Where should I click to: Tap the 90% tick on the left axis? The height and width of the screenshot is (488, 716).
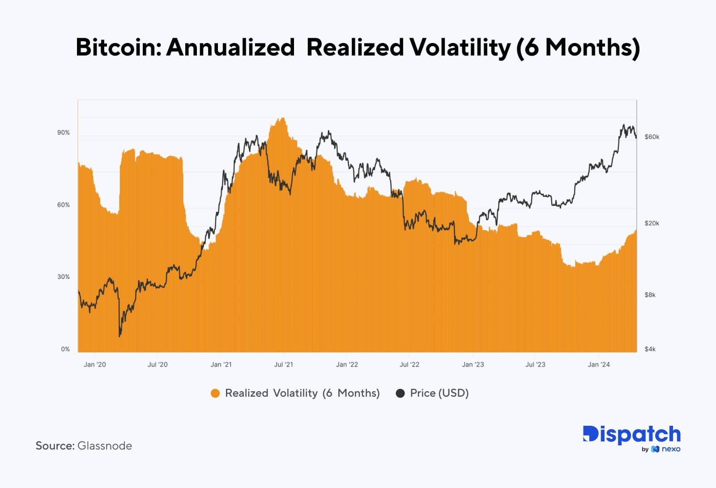(x=64, y=133)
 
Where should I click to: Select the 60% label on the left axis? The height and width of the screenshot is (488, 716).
(x=64, y=205)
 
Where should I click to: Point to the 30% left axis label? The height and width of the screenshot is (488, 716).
(x=64, y=277)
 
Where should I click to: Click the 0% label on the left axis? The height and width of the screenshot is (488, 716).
(x=65, y=349)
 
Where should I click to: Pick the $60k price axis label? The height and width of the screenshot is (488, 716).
(x=652, y=137)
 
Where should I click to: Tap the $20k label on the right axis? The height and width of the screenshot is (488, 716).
(x=652, y=223)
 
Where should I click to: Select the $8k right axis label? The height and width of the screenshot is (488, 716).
(x=650, y=295)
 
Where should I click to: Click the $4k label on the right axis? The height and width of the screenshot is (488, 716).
(x=650, y=349)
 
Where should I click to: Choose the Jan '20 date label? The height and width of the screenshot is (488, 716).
(x=95, y=364)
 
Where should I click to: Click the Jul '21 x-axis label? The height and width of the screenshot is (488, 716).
(x=283, y=364)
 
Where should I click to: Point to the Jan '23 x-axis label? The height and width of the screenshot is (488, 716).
(x=473, y=364)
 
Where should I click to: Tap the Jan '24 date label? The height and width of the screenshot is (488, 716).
(x=599, y=364)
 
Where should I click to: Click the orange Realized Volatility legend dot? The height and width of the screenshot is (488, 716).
(x=215, y=394)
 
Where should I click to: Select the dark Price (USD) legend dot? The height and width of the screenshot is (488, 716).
(x=401, y=394)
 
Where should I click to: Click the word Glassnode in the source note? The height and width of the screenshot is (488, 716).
(x=105, y=446)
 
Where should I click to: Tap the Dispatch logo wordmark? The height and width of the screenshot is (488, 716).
(x=631, y=434)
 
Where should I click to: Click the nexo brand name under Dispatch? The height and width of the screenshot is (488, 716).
(x=670, y=449)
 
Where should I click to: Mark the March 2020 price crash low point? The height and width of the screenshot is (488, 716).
(x=119, y=336)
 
